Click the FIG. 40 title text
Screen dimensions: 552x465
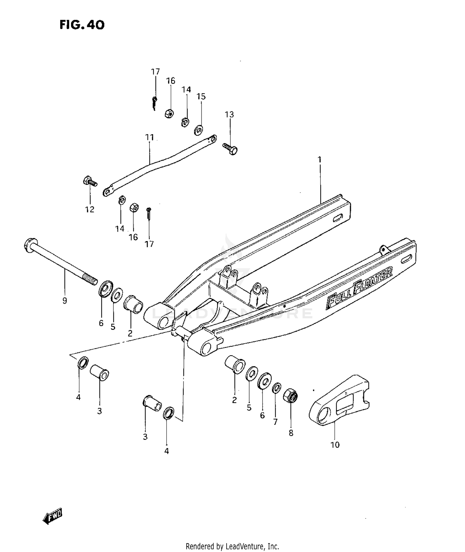82,25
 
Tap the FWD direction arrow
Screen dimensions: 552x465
53,517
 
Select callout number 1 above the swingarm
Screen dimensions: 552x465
320,160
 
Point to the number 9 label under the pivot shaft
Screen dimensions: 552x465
64,300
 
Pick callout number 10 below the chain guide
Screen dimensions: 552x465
335,445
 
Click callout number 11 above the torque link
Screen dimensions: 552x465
149,137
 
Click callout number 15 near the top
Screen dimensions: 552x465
201,97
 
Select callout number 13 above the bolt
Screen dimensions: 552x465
229,114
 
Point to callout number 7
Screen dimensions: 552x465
275,422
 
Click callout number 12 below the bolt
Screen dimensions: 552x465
90,209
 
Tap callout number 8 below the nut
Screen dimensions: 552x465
291,433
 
